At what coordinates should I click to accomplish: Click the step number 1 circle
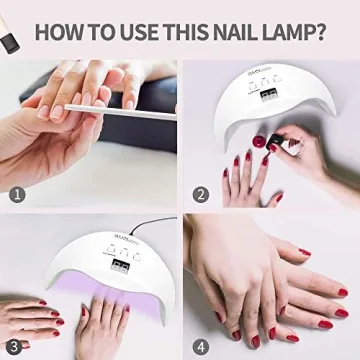[x=17, y=195]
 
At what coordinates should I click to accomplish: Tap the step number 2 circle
[x=201, y=195]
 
